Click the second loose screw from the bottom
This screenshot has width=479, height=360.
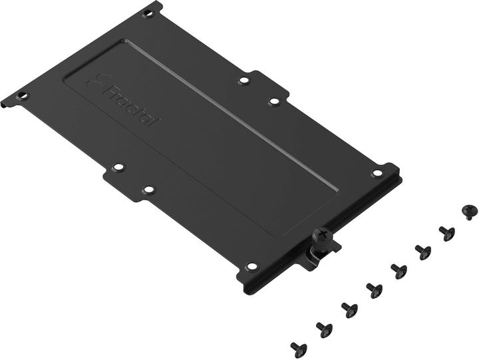[x=323, y=327]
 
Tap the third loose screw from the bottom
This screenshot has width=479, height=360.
[x=349, y=308]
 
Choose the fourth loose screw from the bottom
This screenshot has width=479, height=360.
[x=374, y=289]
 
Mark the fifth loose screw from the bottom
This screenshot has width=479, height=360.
[x=398, y=270]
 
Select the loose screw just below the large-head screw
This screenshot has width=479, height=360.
[x=446, y=233]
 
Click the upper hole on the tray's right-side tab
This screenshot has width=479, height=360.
[x=244, y=81]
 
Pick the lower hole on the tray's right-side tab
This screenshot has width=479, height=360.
[x=274, y=102]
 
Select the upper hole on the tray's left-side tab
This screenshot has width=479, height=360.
[x=118, y=167]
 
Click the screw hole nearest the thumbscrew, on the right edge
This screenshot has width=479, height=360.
[x=377, y=173]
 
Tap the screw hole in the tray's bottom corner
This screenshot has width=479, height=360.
[x=251, y=266]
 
